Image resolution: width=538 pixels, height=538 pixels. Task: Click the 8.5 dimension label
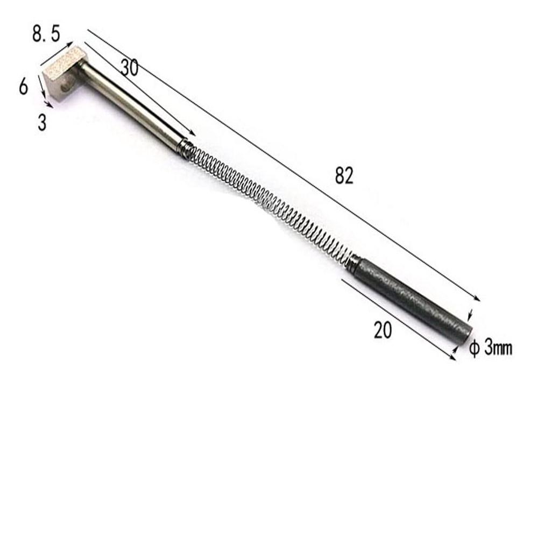(x=46, y=34)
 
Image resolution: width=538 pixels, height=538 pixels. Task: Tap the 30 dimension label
(x=129, y=67)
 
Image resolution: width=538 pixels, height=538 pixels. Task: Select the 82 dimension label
(x=344, y=176)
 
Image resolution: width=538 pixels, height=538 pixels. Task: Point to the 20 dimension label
(x=383, y=330)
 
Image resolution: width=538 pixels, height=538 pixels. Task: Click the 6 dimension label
(x=23, y=86)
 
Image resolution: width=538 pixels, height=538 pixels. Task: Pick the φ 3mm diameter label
(x=491, y=348)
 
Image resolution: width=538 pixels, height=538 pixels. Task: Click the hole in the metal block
(x=65, y=88)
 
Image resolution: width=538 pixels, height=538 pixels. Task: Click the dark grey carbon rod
(x=413, y=300)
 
